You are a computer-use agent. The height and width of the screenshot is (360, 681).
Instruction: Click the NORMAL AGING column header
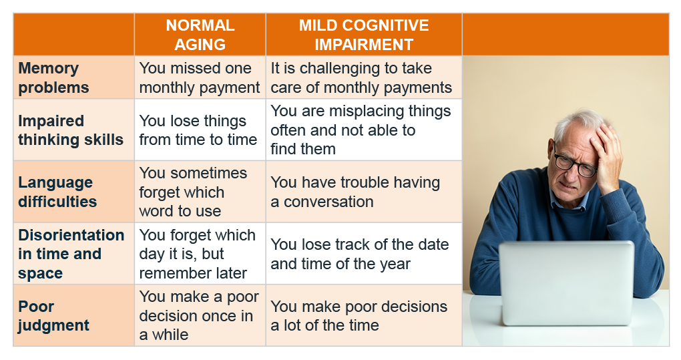tap(200, 35)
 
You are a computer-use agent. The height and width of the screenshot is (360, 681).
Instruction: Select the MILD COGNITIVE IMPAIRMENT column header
tap(364, 35)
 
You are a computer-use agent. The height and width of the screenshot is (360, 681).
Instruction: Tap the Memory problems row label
tap(53, 77)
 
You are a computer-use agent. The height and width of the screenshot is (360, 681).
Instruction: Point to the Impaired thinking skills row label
tap(71, 130)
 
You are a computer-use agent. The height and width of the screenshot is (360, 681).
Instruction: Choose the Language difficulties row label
tap(57, 192)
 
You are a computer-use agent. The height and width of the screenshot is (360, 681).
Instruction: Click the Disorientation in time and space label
tap(71, 254)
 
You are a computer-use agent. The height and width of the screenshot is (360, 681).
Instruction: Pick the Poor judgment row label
tap(53, 316)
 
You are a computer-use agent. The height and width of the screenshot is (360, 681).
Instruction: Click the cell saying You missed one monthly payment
tap(200, 77)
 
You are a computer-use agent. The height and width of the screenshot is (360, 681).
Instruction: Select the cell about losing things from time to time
tap(198, 130)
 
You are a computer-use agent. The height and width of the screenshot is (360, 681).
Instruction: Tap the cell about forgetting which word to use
tap(193, 192)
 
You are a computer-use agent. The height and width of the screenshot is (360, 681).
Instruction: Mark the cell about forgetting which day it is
tap(197, 254)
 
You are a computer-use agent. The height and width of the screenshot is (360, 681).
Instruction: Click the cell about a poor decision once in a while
tap(199, 316)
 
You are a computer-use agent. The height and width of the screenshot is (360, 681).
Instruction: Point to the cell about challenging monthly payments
tap(361, 77)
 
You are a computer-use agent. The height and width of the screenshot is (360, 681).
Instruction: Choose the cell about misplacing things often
tap(361, 130)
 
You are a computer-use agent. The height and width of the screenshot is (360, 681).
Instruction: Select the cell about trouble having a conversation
tap(355, 192)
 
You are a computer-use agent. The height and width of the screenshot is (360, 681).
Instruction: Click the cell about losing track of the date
tap(360, 254)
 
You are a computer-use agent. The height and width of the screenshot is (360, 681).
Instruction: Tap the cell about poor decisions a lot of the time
tap(359, 316)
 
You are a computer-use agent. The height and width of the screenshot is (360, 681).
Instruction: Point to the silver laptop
tap(567, 283)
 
